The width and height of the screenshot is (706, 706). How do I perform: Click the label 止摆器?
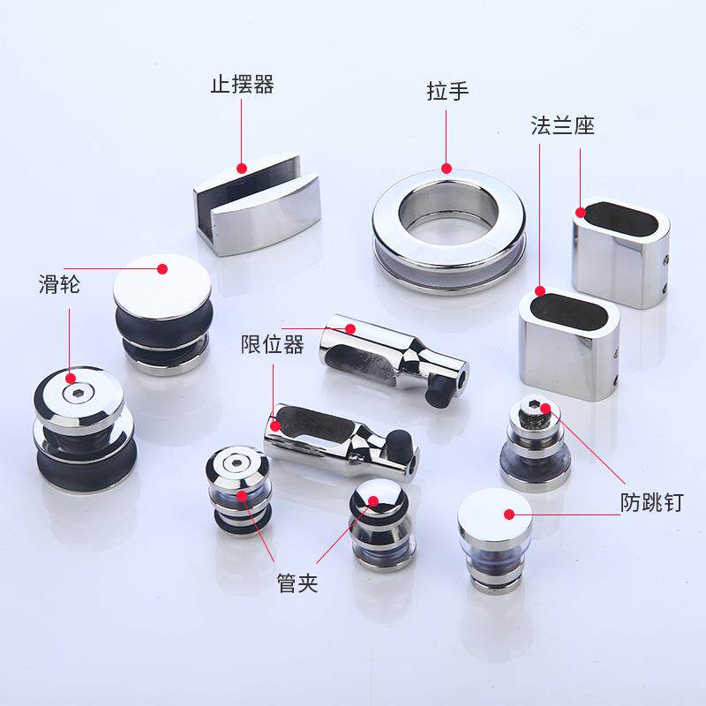(242, 86)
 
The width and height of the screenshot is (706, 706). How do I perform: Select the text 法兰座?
(562, 125)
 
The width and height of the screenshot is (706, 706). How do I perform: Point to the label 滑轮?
(59, 285)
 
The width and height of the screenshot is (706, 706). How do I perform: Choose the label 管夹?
(297, 582)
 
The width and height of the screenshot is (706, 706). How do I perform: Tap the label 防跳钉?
(653, 504)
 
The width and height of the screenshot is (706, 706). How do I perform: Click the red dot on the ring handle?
(447, 167)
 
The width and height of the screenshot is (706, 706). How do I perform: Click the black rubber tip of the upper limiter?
(436, 395)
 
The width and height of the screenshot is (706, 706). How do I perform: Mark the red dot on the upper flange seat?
(582, 212)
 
